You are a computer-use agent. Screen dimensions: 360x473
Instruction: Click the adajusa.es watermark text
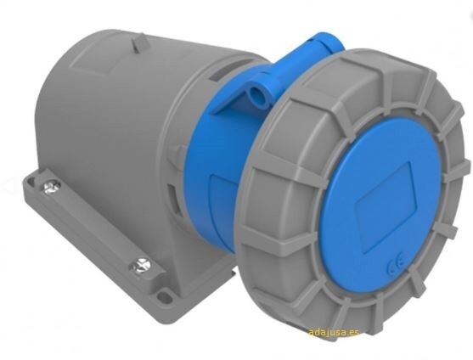click(333, 332)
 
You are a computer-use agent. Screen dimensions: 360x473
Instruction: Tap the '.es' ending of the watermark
click(352, 332)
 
